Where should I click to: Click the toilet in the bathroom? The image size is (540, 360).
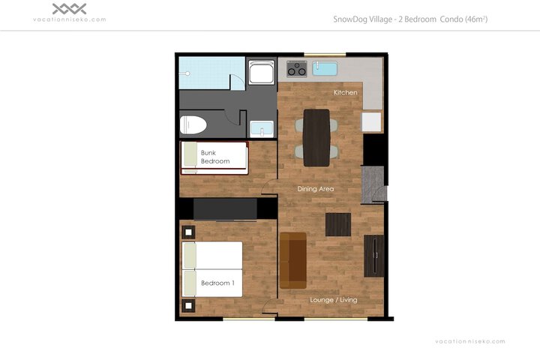coord(193,124)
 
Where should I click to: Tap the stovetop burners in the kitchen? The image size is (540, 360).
coord(297,68)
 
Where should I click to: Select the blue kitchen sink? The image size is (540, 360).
coord(325,68)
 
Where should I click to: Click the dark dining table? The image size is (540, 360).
coord(316,137)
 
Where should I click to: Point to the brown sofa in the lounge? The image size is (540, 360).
coord(293,260)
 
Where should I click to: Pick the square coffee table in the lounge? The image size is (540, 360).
coord(338,224)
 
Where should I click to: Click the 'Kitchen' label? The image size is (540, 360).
coord(346,92)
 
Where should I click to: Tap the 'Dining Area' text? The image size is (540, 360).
coord(316,189)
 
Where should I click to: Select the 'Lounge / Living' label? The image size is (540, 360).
coord(333,300)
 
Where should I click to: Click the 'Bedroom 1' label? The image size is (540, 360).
coord(217,283)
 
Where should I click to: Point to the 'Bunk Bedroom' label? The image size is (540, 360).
coord(215,157)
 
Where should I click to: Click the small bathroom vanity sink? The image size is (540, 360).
coord(262,129)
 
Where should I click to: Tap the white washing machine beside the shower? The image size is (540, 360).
coord(262,72)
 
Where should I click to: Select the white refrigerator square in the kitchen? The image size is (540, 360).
coord(371,122)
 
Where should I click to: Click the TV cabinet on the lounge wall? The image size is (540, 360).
coord(374,256)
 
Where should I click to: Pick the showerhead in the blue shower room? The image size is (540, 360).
coord(186,73)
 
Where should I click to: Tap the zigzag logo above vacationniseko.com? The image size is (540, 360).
coord(69,9)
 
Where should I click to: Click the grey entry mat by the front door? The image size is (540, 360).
coord(372,184)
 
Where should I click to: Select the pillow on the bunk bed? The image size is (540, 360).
coord(190,154)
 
